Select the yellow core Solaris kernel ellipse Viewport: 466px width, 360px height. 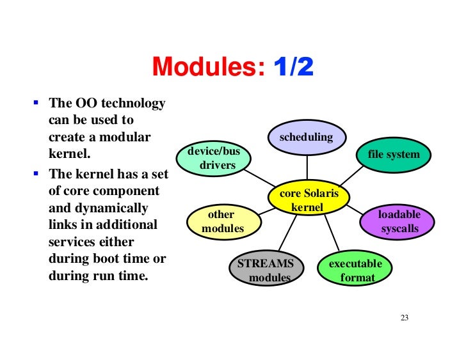click(x=307, y=200)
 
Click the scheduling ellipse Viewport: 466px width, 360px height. click(x=307, y=137)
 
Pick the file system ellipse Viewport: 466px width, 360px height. click(x=394, y=154)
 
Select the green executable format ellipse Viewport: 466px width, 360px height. click(x=355, y=270)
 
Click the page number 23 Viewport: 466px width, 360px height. click(x=404, y=318)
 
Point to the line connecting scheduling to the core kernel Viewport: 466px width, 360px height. click(x=307, y=167)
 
